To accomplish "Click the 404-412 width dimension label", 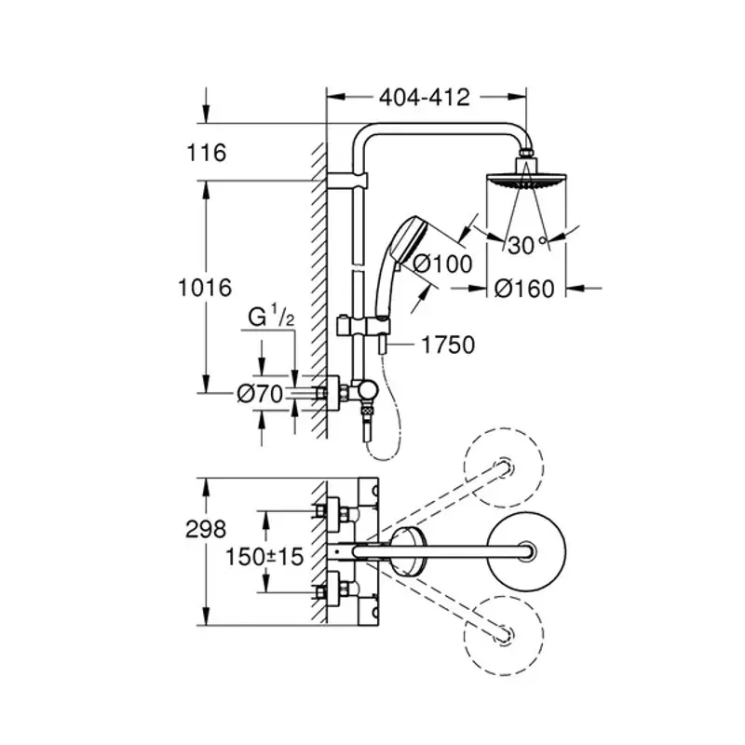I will click(x=424, y=96).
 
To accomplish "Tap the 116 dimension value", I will click(x=207, y=152).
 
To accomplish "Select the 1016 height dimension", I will click(x=204, y=288).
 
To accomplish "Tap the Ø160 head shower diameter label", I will click(x=524, y=289).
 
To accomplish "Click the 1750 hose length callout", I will click(x=448, y=345).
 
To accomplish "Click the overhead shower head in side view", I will click(x=526, y=179).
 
